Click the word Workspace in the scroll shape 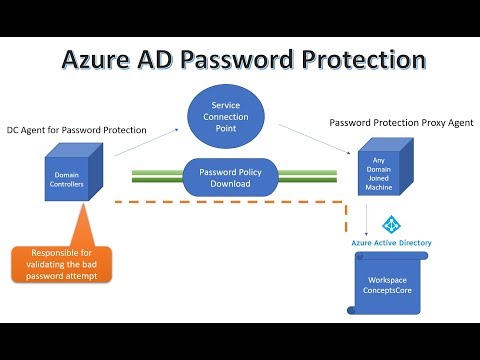click(386, 279)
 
